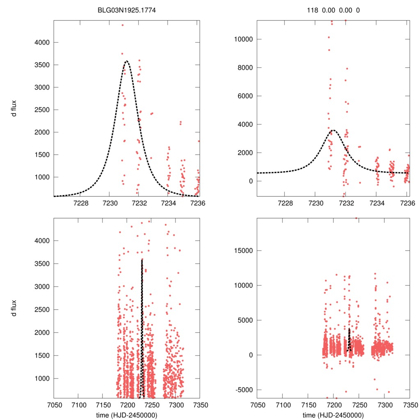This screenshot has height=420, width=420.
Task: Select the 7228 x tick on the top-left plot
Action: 80,203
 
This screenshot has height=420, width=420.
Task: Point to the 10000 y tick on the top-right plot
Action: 242,39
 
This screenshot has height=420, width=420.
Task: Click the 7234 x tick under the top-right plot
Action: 377,203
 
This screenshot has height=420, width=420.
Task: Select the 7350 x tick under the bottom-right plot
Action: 409,405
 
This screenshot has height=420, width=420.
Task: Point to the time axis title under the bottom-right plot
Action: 333,415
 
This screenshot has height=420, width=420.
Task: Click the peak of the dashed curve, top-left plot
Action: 126,61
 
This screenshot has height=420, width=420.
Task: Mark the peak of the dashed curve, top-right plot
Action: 333,130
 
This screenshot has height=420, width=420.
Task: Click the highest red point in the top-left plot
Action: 122,25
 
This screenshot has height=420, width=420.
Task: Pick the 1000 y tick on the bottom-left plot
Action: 43,378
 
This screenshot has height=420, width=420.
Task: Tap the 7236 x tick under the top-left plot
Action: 197,203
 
